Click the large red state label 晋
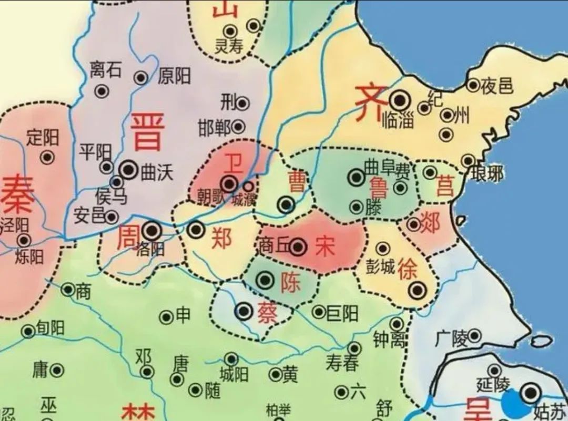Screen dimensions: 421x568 pyautogui.click(x=148, y=132)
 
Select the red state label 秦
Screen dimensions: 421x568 pyautogui.click(x=18, y=195)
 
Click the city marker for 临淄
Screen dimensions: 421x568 pyautogui.click(x=400, y=99)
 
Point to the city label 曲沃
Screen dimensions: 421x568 pyautogui.click(x=157, y=172)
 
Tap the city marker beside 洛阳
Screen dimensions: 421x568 pyautogui.click(x=152, y=230)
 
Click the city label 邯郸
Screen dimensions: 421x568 pyautogui.click(x=214, y=127)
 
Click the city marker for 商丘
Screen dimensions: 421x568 pyautogui.click(x=298, y=246)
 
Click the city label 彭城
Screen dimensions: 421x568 pyautogui.click(x=381, y=266)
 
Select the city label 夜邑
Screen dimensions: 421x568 pyautogui.click(x=497, y=86)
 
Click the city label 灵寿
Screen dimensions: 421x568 pyautogui.click(x=229, y=46)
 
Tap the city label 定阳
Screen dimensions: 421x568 pyautogui.click(x=43, y=138)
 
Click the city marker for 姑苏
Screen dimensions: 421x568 pyautogui.click(x=531, y=392)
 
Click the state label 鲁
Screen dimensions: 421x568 pyautogui.click(x=379, y=187)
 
